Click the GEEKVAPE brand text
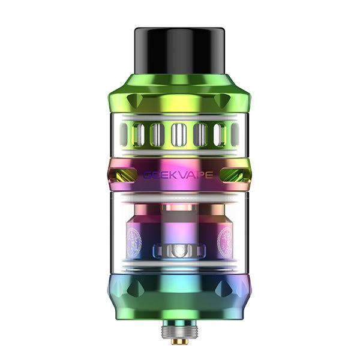pyautogui.click(x=180, y=175)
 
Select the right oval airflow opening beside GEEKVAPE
pyautogui.click(x=235, y=175)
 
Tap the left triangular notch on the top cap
pyautogui.click(x=134, y=100)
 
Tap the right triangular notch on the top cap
pyautogui.click(x=227, y=100)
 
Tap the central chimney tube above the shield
pyautogui.click(x=180, y=222)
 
